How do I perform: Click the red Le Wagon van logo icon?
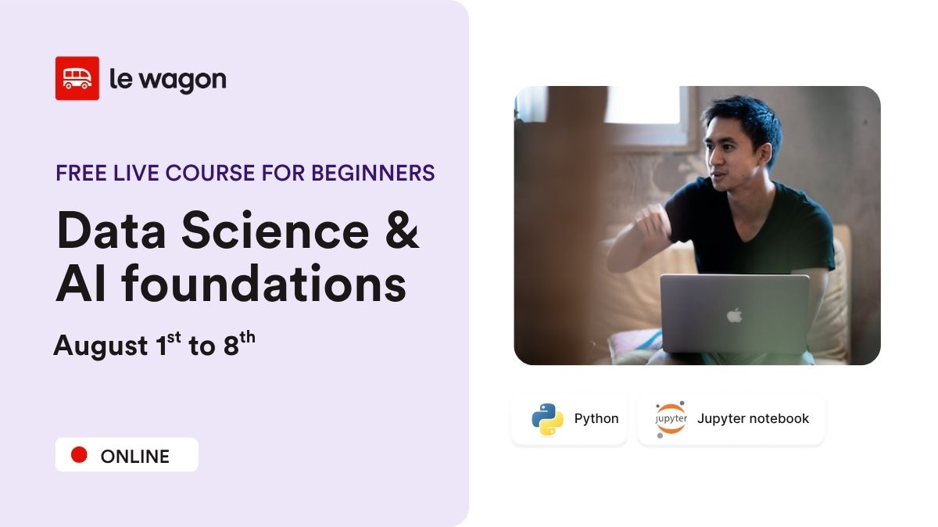click(77, 78)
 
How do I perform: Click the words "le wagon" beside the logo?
click(167, 79)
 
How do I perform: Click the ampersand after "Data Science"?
click(402, 232)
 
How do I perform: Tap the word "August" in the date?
click(100, 346)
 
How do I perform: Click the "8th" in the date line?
click(239, 344)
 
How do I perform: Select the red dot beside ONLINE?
click(79, 455)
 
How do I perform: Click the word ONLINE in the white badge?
click(134, 457)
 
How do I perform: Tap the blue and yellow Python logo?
click(547, 419)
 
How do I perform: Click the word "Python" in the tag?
click(596, 419)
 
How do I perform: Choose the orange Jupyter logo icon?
click(671, 419)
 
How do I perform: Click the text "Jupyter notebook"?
click(753, 419)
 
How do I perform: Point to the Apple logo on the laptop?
click(734, 315)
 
